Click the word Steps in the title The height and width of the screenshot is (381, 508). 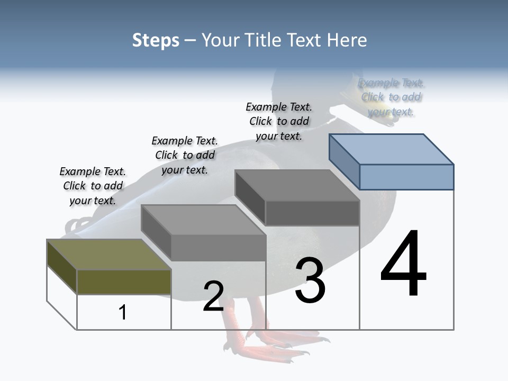pyautogui.click(x=156, y=41)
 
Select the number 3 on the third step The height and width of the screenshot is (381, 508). pyautogui.click(x=310, y=280)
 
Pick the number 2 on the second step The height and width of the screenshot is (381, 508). pyautogui.click(x=213, y=296)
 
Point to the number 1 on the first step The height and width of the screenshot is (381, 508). pyautogui.click(x=123, y=312)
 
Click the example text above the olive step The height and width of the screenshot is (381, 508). pyautogui.click(x=93, y=186)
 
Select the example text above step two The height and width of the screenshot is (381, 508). pyautogui.click(x=185, y=155)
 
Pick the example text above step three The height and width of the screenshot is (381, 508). pyautogui.click(x=279, y=121)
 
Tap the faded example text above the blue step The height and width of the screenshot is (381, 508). pyautogui.click(x=391, y=97)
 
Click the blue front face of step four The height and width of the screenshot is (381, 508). pyautogui.click(x=406, y=177)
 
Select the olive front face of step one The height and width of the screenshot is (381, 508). pyautogui.click(x=124, y=282)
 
